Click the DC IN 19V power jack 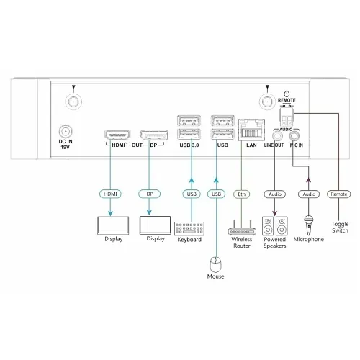pyautogui.click(x=66, y=132)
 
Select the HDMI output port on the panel pyautogui.click(x=116, y=135)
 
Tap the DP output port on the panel pyautogui.click(x=150, y=135)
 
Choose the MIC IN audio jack pyautogui.click(x=294, y=133)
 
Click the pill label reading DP pyautogui.click(x=150, y=194)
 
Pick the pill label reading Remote pyautogui.click(x=339, y=194)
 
